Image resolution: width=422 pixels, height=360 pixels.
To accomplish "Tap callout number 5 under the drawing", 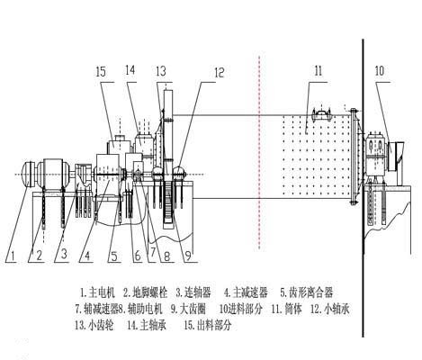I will point(114,256).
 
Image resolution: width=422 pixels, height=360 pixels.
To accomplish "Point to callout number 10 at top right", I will point(379,69).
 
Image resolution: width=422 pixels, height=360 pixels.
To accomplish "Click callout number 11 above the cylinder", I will point(318,69).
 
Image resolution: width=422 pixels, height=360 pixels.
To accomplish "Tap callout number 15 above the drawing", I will point(101,70).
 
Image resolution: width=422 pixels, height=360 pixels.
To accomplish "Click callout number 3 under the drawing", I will point(63,256).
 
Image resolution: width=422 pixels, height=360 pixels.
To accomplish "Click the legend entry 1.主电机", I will point(99,292).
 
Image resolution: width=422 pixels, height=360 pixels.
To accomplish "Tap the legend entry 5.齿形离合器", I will point(307,292).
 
